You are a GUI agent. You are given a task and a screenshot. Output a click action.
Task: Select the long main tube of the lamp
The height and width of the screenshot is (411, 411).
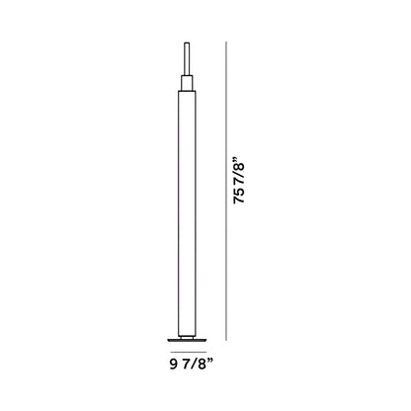pos(185,207)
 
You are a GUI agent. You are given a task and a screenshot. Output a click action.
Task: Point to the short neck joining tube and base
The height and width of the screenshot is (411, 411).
pos(185,332)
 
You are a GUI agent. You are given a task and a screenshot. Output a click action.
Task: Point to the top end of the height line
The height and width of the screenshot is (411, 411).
pos(228,41)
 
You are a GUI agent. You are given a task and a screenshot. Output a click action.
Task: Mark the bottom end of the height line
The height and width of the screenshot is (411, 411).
pos(228,341)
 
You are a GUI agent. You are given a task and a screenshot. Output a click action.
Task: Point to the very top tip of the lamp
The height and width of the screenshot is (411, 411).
pos(185,41)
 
